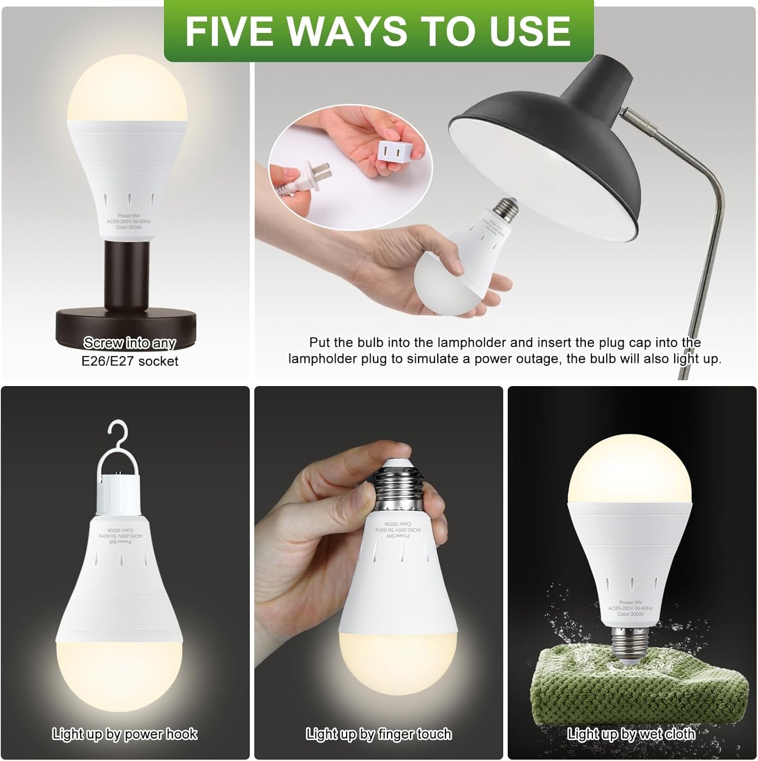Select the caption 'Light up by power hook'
(x=124, y=734)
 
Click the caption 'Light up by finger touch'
(x=378, y=734)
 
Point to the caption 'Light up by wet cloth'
(x=631, y=734)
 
